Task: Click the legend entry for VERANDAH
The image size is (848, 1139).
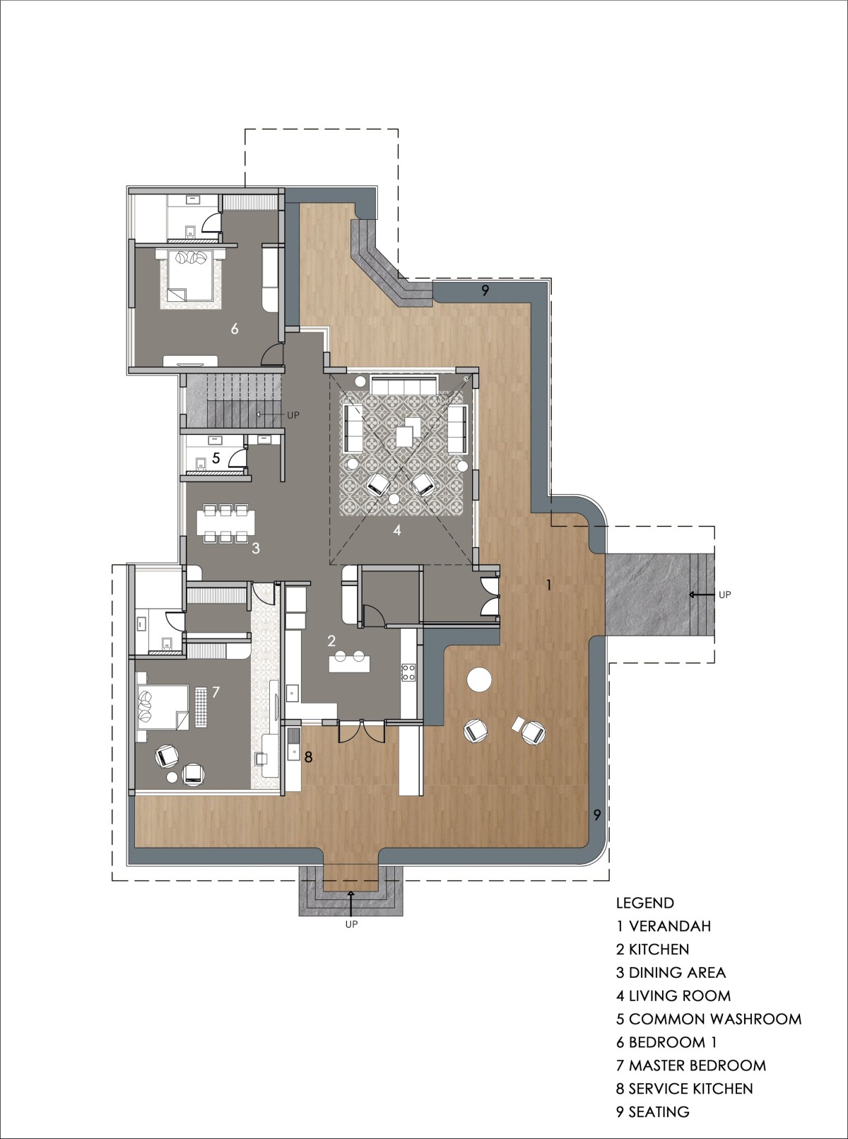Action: [663, 926]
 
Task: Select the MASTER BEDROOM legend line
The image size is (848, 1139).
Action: [691, 1065]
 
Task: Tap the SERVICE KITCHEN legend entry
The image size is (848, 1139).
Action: [684, 1089]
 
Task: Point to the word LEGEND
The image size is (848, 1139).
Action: [644, 904]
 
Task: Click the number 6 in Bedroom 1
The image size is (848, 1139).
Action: [235, 329]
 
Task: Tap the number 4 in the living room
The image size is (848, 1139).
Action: [397, 530]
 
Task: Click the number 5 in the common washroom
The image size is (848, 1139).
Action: [216, 457]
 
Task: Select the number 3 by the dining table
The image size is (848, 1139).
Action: [256, 549]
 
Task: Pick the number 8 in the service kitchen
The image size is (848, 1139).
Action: [309, 757]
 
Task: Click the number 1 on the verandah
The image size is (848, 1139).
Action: [549, 585]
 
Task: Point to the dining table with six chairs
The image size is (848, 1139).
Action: [226, 523]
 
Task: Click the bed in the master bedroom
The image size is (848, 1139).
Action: [163, 706]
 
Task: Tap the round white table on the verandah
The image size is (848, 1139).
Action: [479, 679]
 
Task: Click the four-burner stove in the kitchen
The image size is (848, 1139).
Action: [408, 672]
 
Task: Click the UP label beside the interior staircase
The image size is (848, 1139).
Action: [293, 415]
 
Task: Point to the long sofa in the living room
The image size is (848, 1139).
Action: [404, 385]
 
